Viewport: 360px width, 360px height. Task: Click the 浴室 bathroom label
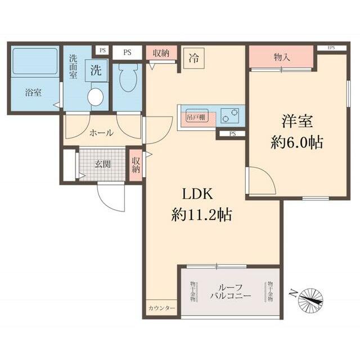(33, 93)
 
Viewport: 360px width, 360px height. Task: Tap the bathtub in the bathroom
(35, 61)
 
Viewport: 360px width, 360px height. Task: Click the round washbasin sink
(96, 97)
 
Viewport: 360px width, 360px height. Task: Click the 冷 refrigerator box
(193, 57)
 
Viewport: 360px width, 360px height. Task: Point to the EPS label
(330, 48)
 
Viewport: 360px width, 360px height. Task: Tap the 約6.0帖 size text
(297, 143)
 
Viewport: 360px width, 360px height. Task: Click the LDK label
(195, 194)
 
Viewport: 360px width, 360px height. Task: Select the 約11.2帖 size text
(202, 214)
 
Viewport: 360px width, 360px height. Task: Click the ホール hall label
(102, 133)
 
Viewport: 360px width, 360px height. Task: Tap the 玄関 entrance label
(102, 164)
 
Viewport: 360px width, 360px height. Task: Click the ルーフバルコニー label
(231, 291)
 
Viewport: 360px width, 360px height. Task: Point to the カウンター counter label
(162, 309)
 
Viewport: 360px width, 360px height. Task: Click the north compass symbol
(311, 299)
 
